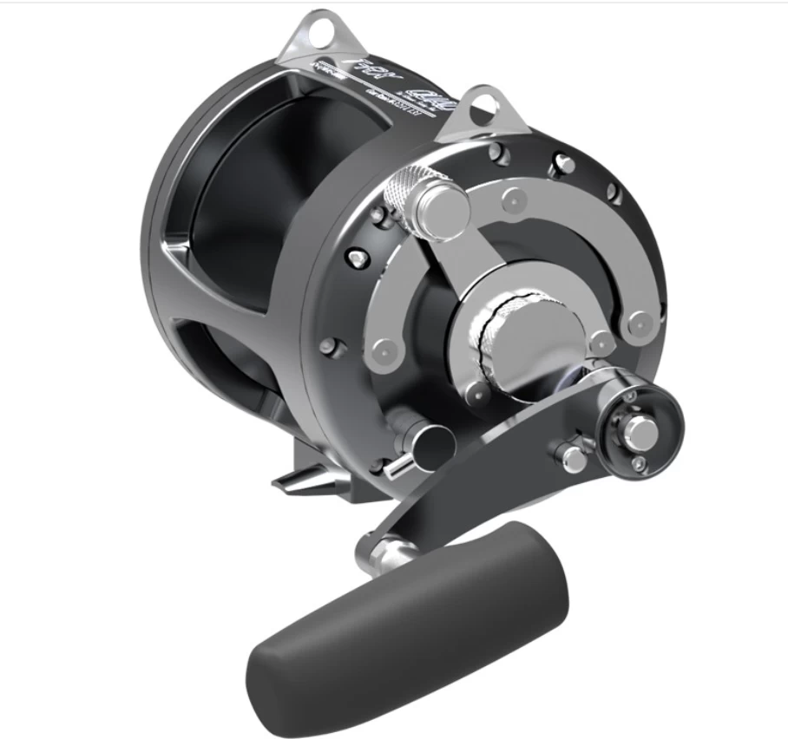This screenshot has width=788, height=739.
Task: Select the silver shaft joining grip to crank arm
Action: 383,547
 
